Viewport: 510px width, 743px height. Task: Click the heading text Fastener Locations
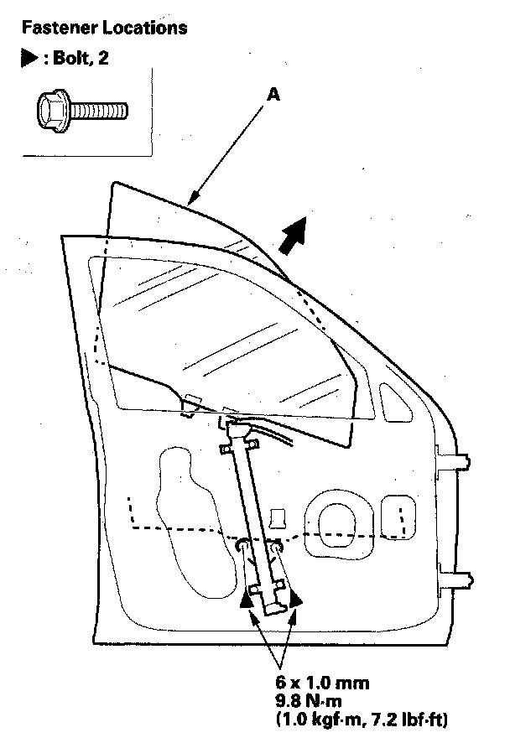coord(104,29)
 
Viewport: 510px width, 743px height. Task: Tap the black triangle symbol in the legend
coord(29,61)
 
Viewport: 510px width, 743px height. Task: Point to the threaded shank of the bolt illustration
coord(101,110)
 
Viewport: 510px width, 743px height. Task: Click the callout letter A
coord(273,96)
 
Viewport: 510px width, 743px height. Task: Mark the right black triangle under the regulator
coord(294,598)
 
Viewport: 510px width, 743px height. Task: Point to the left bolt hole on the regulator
coord(242,547)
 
